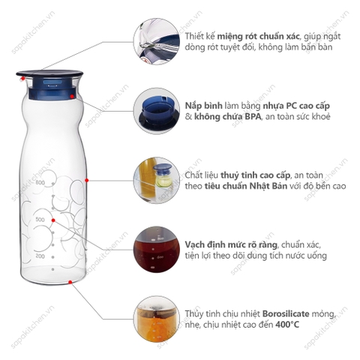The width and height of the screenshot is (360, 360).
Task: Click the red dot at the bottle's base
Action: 70,283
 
